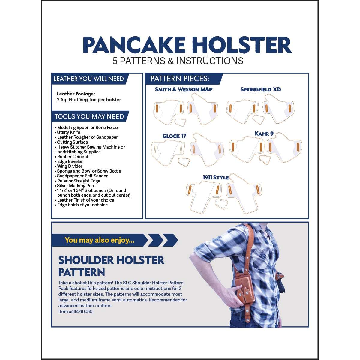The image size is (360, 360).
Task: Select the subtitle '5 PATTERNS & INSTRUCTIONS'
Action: click(178, 61)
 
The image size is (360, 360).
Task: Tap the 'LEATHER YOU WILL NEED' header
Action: click(89, 79)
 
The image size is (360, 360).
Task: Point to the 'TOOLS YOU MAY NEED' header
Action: click(89, 116)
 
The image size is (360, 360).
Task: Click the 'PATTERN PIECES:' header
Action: click(180, 79)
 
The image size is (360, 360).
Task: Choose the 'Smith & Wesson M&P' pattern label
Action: click(184, 89)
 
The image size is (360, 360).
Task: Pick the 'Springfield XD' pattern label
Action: click(260, 89)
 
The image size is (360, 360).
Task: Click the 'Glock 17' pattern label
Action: click(174, 136)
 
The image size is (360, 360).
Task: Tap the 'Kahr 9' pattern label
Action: click(264, 133)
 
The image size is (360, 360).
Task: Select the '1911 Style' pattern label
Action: click(216, 177)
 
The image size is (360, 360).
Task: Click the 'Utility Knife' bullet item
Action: click(68, 132)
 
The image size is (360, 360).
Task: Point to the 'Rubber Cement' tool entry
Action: click(73, 157)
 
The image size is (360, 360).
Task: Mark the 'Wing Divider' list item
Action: click(70, 166)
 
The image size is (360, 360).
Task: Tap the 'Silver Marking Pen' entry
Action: click(75, 186)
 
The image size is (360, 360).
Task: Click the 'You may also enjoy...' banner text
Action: click(100, 240)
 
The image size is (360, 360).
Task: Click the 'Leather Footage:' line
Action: click(76, 94)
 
